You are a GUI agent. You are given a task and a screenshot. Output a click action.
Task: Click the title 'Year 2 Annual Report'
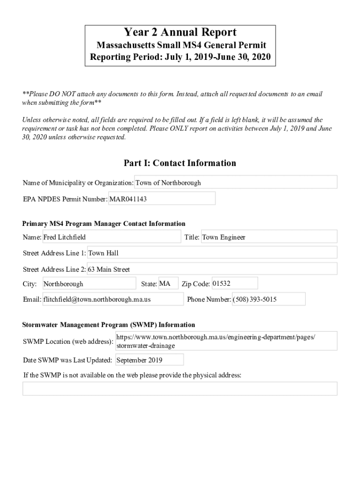coord(180,32)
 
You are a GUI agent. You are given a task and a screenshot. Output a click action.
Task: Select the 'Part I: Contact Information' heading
coord(180,163)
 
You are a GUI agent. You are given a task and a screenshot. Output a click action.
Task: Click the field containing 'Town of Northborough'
coord(236,182)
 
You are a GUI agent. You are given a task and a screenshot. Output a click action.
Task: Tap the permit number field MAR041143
coord(162,199)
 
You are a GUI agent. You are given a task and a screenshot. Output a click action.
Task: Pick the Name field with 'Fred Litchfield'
coord(111,237)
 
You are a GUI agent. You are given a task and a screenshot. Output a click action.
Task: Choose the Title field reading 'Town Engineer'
coord(268,237)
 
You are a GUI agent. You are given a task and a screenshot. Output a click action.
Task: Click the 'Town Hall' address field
coord(212,253)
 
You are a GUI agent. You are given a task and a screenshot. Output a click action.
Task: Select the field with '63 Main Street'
coord(212,269)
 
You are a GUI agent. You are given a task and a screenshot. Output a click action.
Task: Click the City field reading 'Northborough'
coord(89,284)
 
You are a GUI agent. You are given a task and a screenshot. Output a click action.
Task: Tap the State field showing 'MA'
coord(168,284)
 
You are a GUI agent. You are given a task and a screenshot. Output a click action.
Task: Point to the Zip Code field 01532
coord(234,284)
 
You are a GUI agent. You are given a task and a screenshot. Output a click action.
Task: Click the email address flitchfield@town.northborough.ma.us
coord(113,299)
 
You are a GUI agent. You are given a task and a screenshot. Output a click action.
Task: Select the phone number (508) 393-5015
coord(268,299)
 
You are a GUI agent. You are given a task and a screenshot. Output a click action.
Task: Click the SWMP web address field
coord(226,341)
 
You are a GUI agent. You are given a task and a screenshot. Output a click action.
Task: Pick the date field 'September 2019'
coord(149,360)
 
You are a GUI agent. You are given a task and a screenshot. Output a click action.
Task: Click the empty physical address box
coord(180,389)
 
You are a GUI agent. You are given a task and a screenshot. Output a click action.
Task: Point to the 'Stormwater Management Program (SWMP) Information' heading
coord(109,325)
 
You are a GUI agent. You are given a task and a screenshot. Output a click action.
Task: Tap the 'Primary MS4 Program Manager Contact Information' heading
coord(104,224)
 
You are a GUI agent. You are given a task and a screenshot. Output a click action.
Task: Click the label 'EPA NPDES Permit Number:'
coord(65,199)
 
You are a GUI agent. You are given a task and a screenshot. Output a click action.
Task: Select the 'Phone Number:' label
coord(209,299)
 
